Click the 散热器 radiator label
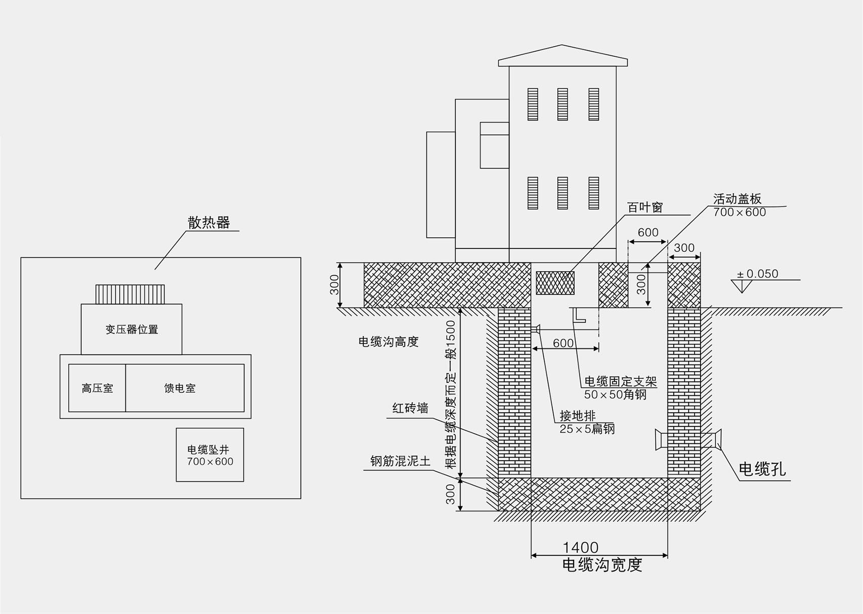pos(209,223)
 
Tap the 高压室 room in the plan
pos(97,388)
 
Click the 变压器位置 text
pos(132,329)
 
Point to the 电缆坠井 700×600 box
pos(210,455)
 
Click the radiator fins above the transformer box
pos(130,294)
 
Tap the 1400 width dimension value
pos(580,547)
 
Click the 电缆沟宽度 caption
pos(601,564)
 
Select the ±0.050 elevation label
pos(757,274)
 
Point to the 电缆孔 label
pos(762,469)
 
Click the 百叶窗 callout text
pos(644,207)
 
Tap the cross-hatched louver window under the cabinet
pos(555,283)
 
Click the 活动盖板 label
pos(737,199)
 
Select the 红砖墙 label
pos(410,408)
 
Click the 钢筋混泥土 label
pos(400,461)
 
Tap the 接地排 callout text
pos(577,416)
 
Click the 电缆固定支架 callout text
pos(620,381)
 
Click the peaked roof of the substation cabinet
pos(563,56)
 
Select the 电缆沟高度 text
pos(389,342)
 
